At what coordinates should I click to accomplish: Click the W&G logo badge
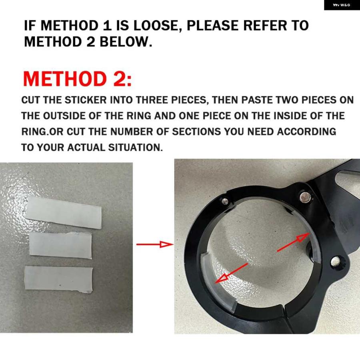tap(342, 5)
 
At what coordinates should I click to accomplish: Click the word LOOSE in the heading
tap(156, 25)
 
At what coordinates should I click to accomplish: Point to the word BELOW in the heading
tap(123, 42)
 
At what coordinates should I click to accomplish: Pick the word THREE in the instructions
tap(152, 100)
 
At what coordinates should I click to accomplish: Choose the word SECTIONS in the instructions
tap(196, 132)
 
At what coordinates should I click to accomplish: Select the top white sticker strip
tap(63, 212)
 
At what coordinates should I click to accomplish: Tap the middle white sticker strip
tap(61, 245)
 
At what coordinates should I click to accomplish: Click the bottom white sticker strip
tap(58, 280)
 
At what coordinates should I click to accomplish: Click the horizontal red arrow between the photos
tap(155, 244)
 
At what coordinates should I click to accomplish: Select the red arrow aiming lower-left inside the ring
tap(232, 273)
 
